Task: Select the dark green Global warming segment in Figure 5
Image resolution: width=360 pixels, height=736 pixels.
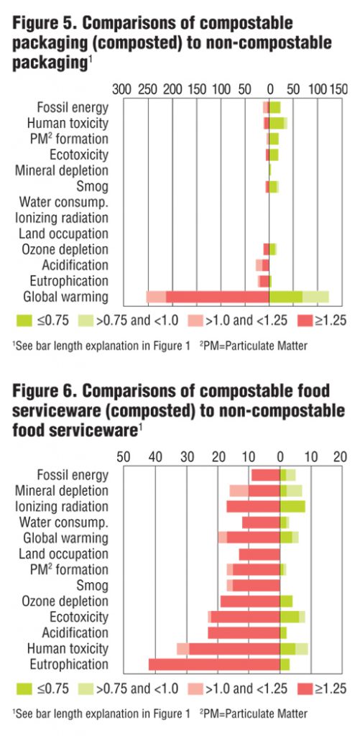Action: point(286,297)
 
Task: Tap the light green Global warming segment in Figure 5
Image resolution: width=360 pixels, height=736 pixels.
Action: point(315,297)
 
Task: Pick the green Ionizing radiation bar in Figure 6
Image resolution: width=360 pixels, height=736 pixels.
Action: point(292,506)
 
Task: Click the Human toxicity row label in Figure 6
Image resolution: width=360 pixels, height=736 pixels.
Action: point(73,648)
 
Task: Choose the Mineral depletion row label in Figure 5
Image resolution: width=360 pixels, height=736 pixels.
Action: point(62,170)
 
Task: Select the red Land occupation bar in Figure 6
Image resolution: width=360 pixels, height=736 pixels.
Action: point(259,554)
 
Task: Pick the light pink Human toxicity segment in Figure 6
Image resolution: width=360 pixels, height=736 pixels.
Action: point(183,648)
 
